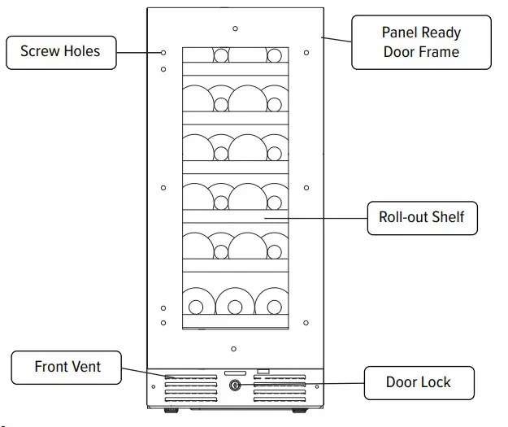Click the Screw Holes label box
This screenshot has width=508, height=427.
(x=60, y=51)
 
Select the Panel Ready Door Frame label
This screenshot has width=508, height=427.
(x=420, y=42)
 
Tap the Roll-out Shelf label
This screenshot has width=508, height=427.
(x=421, y=218)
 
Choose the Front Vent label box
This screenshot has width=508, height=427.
(x=67, y=368)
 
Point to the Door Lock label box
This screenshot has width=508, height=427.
(x=419, y=382)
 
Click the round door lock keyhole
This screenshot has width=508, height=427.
(x=236, y=386)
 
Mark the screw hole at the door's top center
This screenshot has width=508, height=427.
(x=235, y=28)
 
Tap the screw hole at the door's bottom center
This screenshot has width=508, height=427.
(x=235, y=350)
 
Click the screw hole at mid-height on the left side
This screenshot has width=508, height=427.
(x=163, y=187)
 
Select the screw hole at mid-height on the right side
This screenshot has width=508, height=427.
(x=306, y=187)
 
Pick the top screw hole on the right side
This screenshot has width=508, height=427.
(x=306, y=53)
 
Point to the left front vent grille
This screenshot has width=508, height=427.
(x=191, y=390)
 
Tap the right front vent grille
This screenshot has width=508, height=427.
(x=279, y=390)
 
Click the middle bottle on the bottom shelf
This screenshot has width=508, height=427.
(x=235, y=303)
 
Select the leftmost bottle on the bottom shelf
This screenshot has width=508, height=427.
(x=195, y=303)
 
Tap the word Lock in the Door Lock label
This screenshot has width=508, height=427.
(x=435, y=382)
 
